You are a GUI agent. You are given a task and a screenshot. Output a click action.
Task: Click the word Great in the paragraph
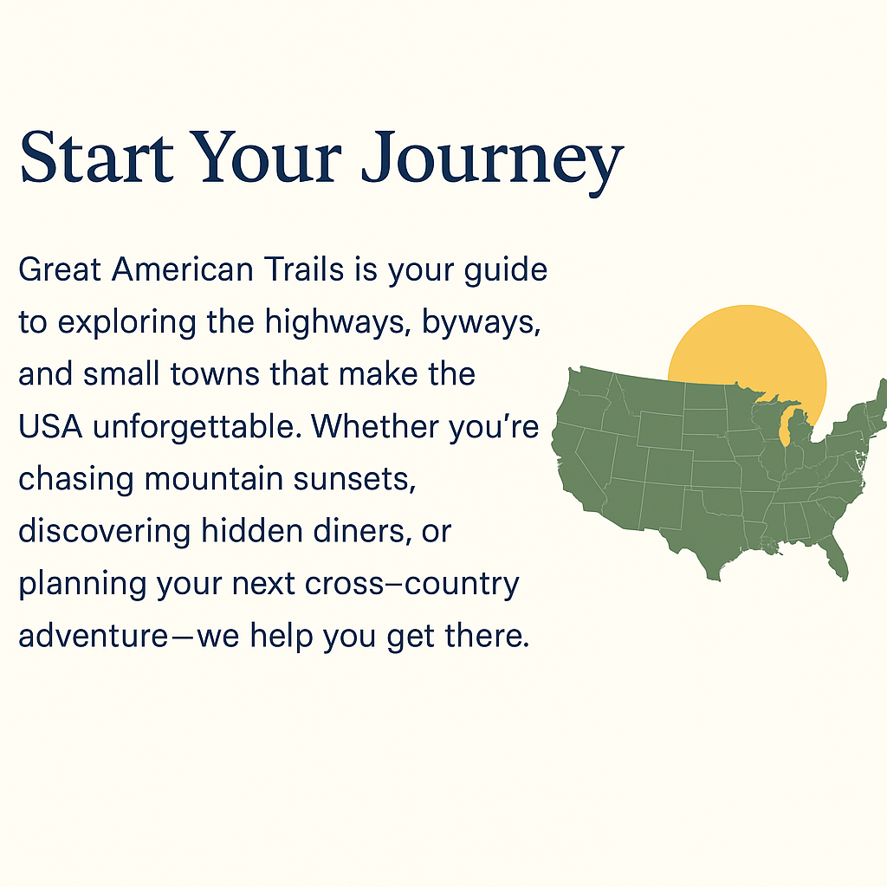point(60,270)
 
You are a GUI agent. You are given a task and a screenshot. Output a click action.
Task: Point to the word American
point(182,270)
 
